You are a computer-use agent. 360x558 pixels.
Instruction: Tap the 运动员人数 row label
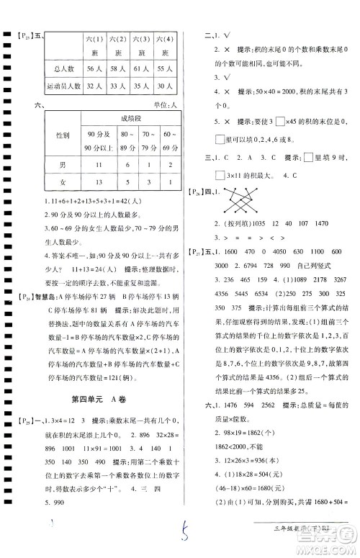point(62,86)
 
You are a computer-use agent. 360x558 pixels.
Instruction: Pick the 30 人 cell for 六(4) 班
point(165,86)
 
